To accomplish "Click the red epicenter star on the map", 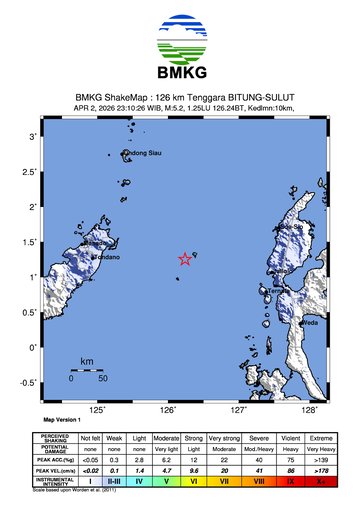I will [x=185, y=259].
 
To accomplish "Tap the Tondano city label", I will [x=106, y=258].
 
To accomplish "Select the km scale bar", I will [x=87, y=370].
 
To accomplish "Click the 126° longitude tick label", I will [x=168, y=410].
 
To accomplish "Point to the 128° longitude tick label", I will [x=310, y=410].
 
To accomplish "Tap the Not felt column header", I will [x=90, y=438].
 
